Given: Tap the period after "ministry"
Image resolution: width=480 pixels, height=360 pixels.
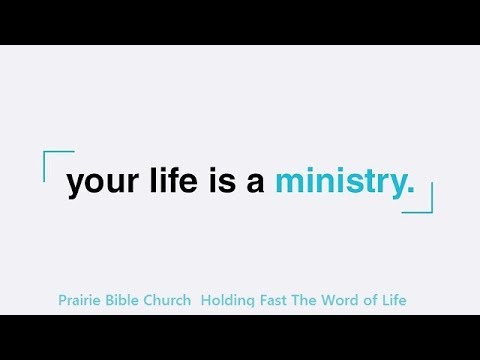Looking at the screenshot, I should click(409, 191).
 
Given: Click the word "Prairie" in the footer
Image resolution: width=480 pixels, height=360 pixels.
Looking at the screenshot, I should click(84, 300).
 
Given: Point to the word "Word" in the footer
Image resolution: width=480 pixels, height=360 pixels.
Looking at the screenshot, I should click(337, 300).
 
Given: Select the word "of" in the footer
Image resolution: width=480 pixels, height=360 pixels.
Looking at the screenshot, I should click(367, 300).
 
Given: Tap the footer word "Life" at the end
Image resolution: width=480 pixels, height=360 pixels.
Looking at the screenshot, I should click(391, 300).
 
